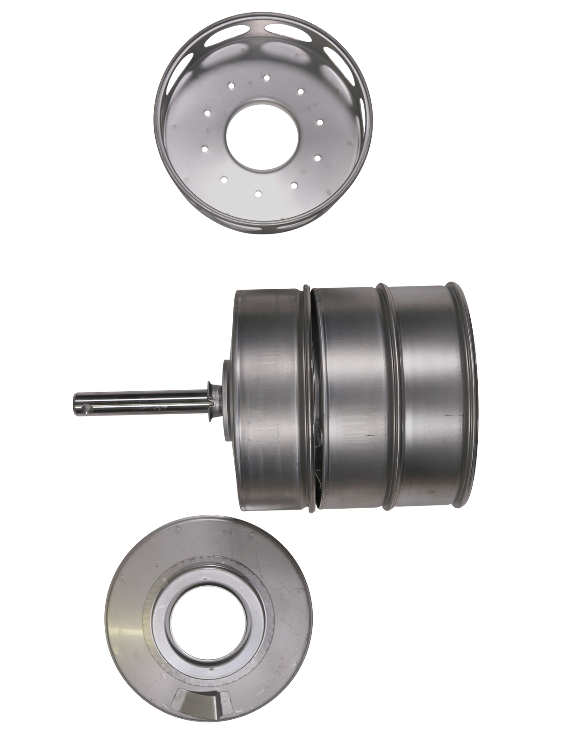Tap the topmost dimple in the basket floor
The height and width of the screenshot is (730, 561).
click(x=266, y=77)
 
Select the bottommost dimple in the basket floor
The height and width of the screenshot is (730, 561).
click(x=258, y=191)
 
